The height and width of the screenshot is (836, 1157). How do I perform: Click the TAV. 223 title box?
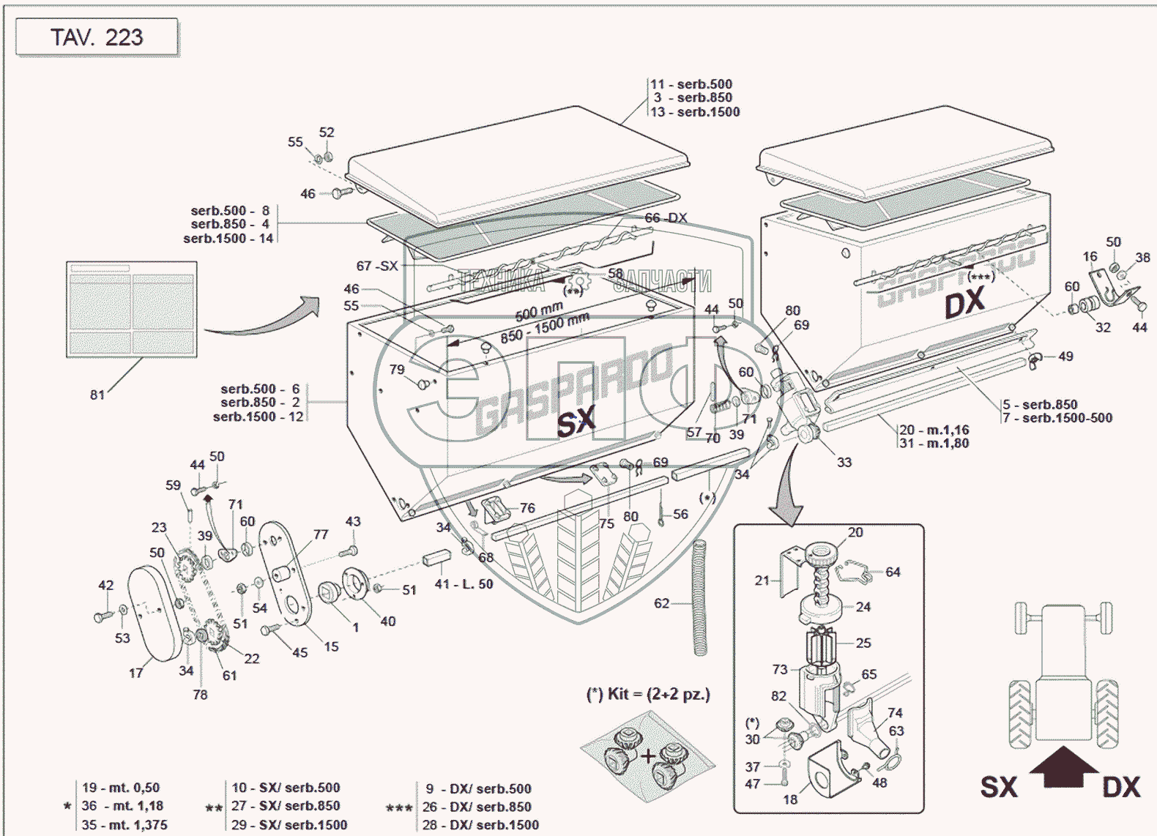pyautogui.click(x=97, y=37)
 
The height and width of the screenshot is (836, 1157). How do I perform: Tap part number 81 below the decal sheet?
pyautogui.click(x=97, y=395)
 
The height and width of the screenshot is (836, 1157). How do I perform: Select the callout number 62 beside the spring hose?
pyautogui.click(x=661, y=603)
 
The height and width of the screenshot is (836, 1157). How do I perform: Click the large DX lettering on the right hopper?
pyautogui.click(x=964, y=302)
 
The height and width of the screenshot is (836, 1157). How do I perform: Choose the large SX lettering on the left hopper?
pyautogui.click(x=576, y=422)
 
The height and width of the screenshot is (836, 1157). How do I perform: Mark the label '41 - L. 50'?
pyautogui.click(x=464, y=584)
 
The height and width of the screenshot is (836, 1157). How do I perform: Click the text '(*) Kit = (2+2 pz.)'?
pyautogui.click(x=648, y=694)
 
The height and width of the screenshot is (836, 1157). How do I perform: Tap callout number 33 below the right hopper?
pyautogui.click(x=844, y=462)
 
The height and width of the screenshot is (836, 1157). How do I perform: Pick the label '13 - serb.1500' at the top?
pyautogui.click(x=696, y=112)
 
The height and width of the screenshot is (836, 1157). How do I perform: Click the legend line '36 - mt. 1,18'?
pyautogui.click(x=122, y=806)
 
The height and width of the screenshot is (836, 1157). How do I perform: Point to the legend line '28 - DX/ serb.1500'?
pyautogui.click(x=480, y=825)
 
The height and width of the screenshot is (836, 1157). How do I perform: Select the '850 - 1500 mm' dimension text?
pyautogui.click(x=545, y=328)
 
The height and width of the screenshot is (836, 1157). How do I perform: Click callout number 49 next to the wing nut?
pyautogui.click(x=1065, y=357)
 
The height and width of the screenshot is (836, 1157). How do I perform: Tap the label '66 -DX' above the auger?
pyautogui.click(x=666, y=218)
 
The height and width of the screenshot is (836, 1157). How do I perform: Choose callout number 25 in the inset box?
pyautogui.click(x=863, y=643)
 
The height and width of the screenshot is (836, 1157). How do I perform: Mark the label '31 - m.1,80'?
pyautogui.click(x=934, y=443)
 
